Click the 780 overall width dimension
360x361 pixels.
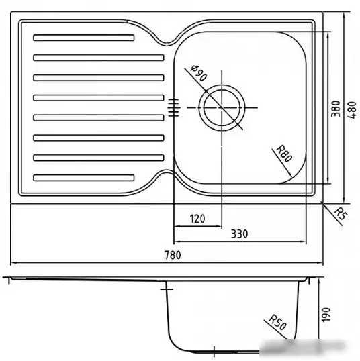point(173,254)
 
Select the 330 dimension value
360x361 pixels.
point(240,234)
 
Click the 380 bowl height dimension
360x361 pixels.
point(336,109)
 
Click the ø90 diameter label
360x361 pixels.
point(198,72)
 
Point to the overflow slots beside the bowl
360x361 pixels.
point(173,107)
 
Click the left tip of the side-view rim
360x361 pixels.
point(4,278)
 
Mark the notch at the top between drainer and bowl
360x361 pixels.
point(165,41)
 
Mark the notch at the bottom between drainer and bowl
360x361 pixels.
point(165,176)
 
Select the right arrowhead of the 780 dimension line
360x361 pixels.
point(320,262)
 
